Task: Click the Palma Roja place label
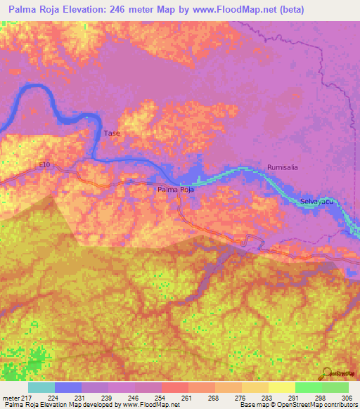[x=175, y=190]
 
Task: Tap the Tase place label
[x=112, y=134]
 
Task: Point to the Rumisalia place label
[x=284, y=167]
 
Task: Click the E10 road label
[x=45, y=165]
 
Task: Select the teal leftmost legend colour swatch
[x=41, y=387]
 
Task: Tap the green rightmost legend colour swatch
[x=335, y=387]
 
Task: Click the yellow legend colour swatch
[x=282, y=387]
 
